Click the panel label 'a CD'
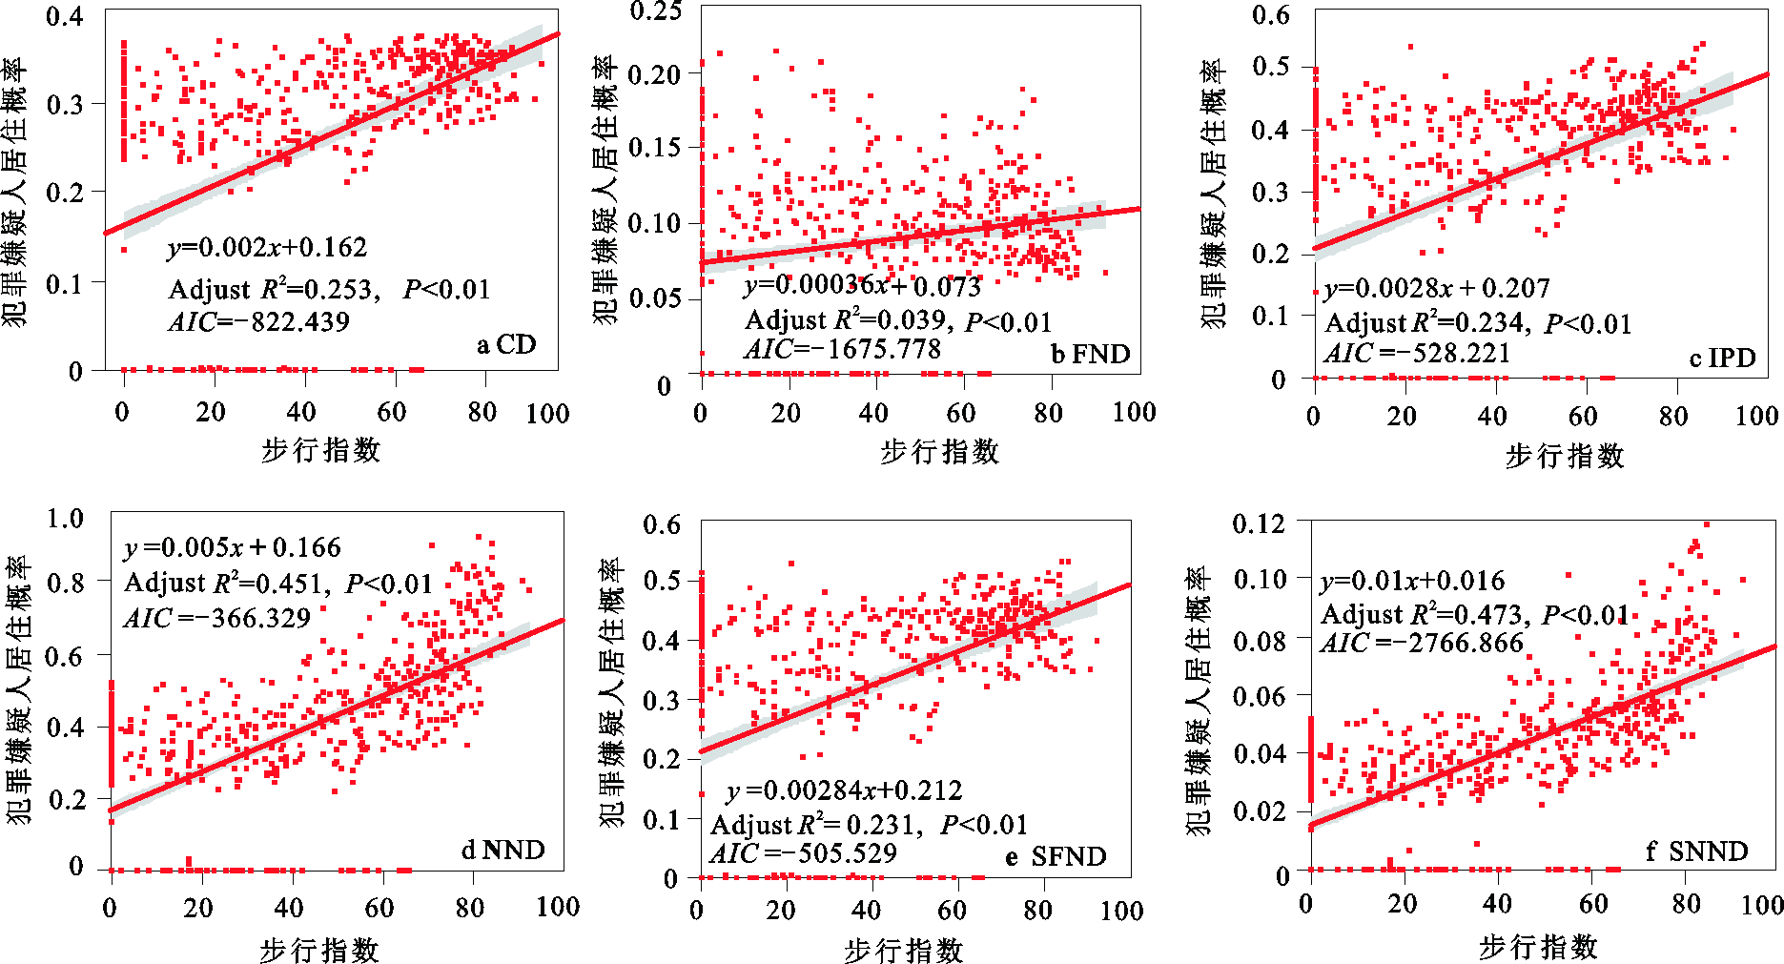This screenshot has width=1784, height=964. tap(506, 344)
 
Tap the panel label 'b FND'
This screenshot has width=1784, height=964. tap(1090, 355)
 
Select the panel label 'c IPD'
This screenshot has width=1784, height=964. tap(1722, 358)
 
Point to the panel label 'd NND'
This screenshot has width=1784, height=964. tap(502, 850)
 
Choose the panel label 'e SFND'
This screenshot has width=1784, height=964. tap(1056, 857)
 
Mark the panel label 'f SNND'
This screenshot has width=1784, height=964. tap(1696, 851)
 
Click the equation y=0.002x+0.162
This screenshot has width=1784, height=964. tap(267, 248)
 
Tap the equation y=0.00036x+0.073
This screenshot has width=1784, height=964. tap(862, 285)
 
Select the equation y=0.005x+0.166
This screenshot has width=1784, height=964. tap(233, 547)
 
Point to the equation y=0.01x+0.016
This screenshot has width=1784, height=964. tap(1412, 581)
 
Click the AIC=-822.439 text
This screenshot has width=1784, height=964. tap(259, 322)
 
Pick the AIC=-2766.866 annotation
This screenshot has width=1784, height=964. tap(1422, 644)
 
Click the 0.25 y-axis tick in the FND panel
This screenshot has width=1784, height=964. tap(656, 11)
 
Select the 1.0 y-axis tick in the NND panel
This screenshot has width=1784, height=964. tap(65, 519)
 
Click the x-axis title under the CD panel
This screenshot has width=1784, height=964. tap(320, 450)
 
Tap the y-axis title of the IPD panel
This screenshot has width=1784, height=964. tap(1212, 195)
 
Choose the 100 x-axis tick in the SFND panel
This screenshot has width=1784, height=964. tap(1121, 912)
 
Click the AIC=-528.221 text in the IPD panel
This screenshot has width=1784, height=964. tap(1417, 354)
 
